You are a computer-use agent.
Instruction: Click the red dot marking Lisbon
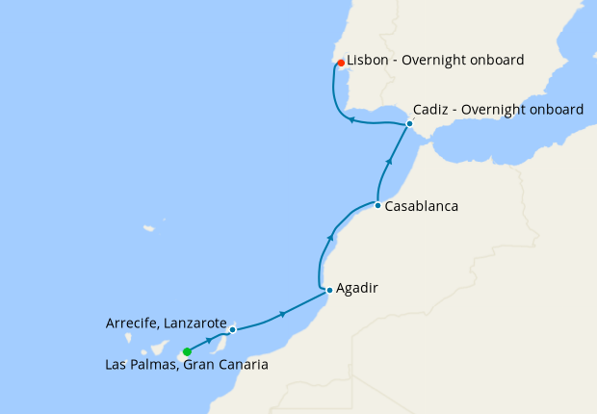(341, 63)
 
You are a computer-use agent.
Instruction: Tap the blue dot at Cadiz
(409, 124)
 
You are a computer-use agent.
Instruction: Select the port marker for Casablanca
(377, 206)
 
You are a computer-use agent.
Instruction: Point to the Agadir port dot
(329, 290)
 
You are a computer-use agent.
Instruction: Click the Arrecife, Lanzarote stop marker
(233, 329)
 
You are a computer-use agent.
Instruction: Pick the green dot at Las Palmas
(187, 351)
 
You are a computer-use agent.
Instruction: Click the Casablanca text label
(421, 206)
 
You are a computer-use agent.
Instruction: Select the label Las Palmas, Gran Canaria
(187, 366)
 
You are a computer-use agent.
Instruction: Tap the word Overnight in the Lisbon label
(441, 60)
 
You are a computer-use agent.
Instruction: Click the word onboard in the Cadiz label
(553, 110)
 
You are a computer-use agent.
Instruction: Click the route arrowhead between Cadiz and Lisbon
(352, 120)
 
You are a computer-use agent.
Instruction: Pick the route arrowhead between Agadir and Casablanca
(332, 236)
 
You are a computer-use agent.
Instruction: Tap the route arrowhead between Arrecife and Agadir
(282, 313)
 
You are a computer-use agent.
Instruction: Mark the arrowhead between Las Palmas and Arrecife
(209, 340)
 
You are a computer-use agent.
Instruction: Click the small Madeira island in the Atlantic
(149, 229)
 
